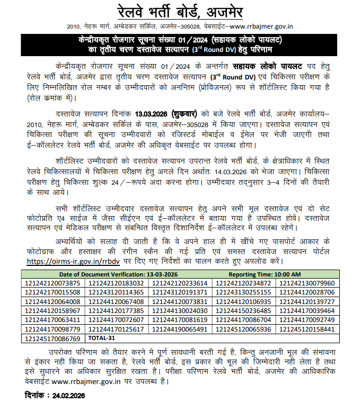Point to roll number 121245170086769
pyautogui.click(x=53, y=337)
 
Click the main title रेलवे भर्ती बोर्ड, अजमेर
pyautogui.click(x=180, y=12)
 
